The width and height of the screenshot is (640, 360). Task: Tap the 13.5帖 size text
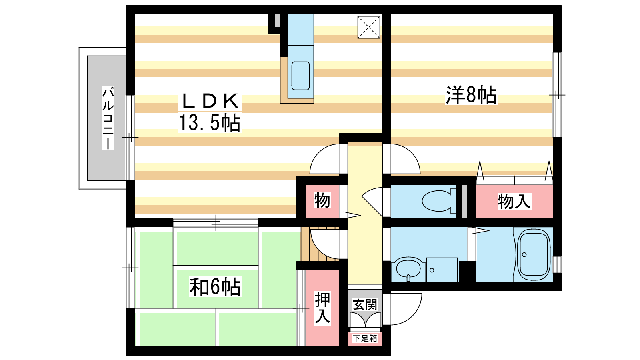click(x=210, y=122)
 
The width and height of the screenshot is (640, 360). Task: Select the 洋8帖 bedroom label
click(x=471, y=94)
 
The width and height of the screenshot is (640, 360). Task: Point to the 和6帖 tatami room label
click(x=215, y=286)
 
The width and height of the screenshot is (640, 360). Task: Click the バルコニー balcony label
click(x=108, y=118)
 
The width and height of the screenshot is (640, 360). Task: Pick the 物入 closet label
click(x=514, y=201)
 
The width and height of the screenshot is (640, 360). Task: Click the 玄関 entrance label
click(x=365, y=304)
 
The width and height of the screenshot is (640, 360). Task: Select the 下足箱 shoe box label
click(x=365, y=338)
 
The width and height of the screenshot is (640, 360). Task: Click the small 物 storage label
click(x=322, y=200)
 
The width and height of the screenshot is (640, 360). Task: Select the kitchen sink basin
click(x=300, y=76)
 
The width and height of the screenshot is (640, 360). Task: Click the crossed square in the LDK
click(x=369, y=27)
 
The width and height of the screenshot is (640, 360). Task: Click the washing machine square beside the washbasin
click(x=442, y=270)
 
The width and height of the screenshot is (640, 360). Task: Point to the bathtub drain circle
click(x=524, y=254)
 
